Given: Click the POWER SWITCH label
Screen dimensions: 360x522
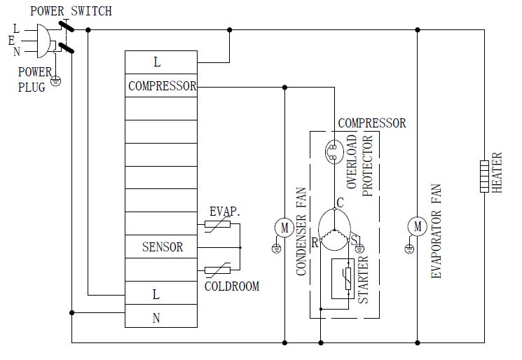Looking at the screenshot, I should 70,12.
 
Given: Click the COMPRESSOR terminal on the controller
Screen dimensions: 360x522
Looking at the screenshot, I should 162,86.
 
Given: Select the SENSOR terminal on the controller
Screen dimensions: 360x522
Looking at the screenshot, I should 162,247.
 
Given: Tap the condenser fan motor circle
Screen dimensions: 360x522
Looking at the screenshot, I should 284,227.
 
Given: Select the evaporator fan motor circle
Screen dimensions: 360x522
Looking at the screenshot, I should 418,226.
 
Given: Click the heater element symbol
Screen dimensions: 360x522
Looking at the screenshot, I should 484,176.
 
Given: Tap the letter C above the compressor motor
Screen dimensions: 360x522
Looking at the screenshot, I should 340,203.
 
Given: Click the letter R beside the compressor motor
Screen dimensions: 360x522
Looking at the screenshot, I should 315,243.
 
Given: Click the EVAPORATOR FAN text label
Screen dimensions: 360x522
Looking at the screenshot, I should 435,231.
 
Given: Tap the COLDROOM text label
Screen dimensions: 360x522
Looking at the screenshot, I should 232,286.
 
